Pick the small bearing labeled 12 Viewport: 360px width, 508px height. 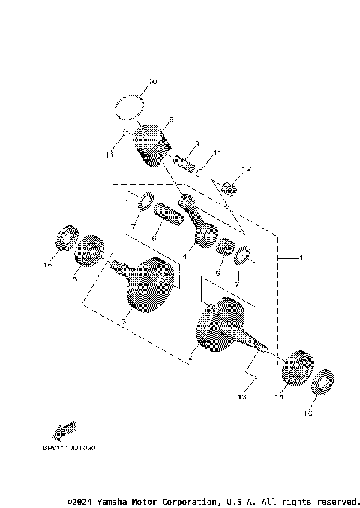[229, 187]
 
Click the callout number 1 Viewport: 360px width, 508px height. [301, 258]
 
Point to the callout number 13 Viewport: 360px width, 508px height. [241, 397]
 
